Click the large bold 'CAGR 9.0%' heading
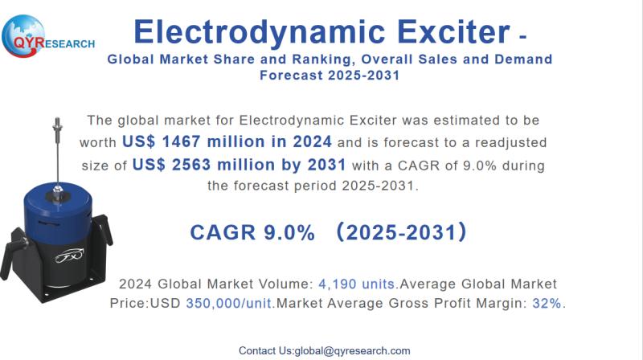[252, 233]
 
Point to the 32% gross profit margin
[546, 304]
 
